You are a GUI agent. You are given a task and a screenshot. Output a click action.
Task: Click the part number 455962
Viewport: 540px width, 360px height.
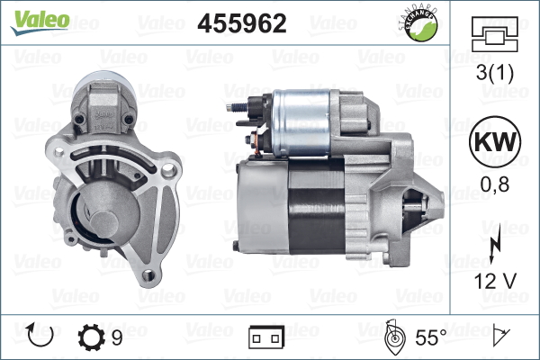[x=242, y=23]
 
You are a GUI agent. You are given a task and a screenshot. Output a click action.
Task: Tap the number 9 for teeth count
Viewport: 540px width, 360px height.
[x=118, y=337]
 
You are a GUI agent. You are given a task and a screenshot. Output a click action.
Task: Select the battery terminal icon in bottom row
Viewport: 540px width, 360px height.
[x=265, y=337]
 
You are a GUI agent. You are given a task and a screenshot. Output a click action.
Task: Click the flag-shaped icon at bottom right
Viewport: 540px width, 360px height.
[x=500, y=337]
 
